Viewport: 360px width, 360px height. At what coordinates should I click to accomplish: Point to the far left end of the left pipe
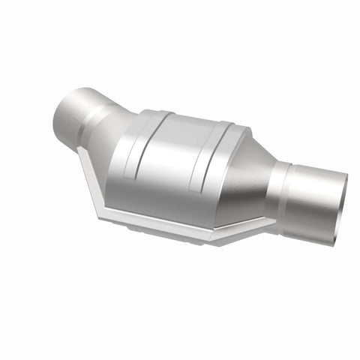58,116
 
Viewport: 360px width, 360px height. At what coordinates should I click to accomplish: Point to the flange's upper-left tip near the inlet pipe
80,149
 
